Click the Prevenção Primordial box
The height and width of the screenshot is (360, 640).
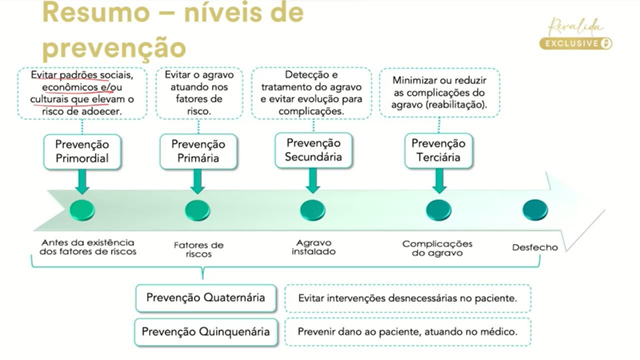point(82,152)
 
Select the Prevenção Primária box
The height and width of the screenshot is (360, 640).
point(198,151)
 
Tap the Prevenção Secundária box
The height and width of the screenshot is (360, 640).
point(313,150)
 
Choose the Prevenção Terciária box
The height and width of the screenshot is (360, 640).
point(438,150)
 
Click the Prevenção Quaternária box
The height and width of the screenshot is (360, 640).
point(206,298)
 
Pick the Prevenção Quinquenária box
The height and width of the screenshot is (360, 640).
point(206,331)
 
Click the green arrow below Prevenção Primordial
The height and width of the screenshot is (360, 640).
point(82,181)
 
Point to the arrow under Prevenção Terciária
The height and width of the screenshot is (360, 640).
point(439,180)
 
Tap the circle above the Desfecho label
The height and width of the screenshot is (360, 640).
point(535,210)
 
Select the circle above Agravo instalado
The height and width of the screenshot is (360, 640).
point(313,210)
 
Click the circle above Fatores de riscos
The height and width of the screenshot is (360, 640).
point(197,210)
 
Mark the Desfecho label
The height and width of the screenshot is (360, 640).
point(535,247)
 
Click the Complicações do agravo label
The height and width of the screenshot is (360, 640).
point(437,248)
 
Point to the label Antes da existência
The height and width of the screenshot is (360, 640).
point(87,243)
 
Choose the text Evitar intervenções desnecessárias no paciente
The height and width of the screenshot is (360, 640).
point(407,298)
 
